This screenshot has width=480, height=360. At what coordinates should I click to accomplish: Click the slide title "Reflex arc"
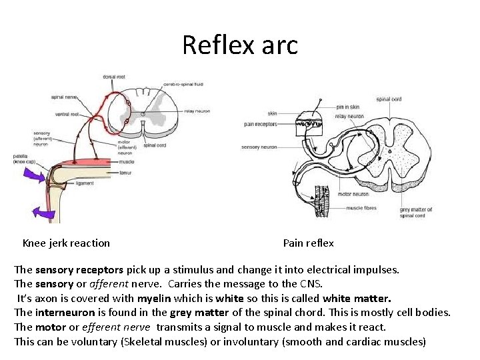pyautogui.click(x=239, y=45)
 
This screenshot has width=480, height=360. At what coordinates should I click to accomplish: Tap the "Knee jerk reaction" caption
pyautogui.click(x=66, y=243)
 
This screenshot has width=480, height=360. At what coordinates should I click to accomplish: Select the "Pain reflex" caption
pyautogui.click(x=308, y=243)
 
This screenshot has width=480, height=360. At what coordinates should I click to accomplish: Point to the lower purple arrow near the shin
pyautogui.click(x=45, y=213)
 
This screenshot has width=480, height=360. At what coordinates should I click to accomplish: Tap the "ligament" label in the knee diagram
pyautogui.click(x=85, y=183)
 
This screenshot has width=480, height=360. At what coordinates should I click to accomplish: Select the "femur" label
pyautogui.click(x=125, y=171)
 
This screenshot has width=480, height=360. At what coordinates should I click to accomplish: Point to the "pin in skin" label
pyautogui.click(x=349, y=107)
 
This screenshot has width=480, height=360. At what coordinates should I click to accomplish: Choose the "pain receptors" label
pyautogui.click(x=261, y=124)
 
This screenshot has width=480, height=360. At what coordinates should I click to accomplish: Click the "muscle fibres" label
pyautogui.click(x=361, y=208)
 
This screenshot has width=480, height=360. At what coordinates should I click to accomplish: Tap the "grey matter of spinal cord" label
pyautogui.click(x=416, y=213)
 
